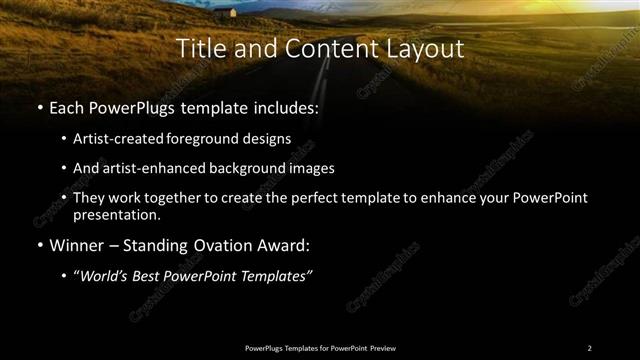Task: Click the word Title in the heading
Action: [x=201, y=47]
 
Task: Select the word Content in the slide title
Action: [x=310, y=47]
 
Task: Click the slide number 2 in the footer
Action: [x=589, y=347]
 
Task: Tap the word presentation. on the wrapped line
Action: [x=116, y=214]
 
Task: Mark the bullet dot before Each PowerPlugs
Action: [x=38, y=105]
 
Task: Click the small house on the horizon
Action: [x=233, y=12]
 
